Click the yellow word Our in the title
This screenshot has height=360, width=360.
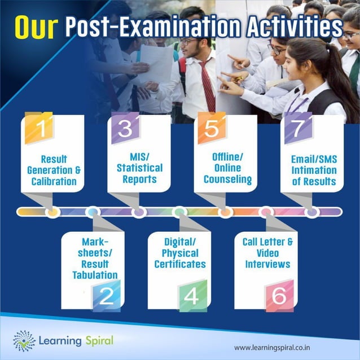pyautogui.click(x=36, y=27)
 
